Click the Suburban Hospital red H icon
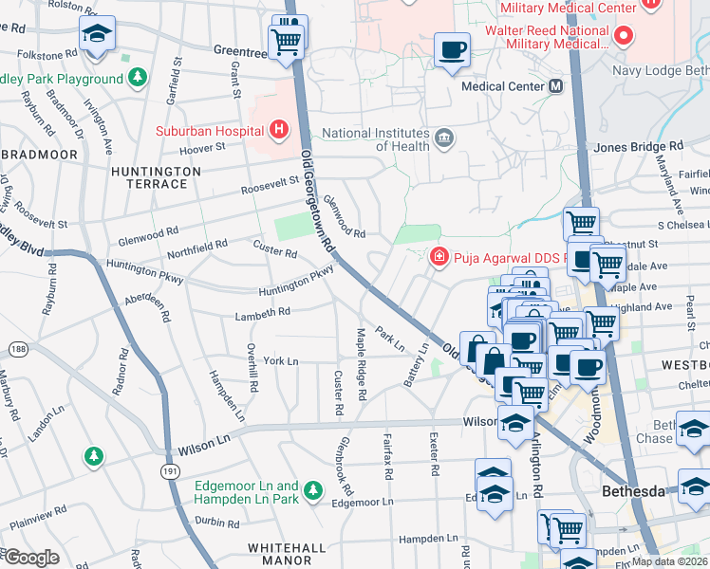278,128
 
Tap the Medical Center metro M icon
555,86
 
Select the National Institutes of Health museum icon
443,139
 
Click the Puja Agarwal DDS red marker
439,256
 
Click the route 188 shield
17,350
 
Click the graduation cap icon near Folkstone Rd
96,34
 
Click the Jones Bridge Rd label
638,147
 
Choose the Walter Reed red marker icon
624,38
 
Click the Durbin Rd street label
218,522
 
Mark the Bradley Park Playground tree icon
138,75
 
